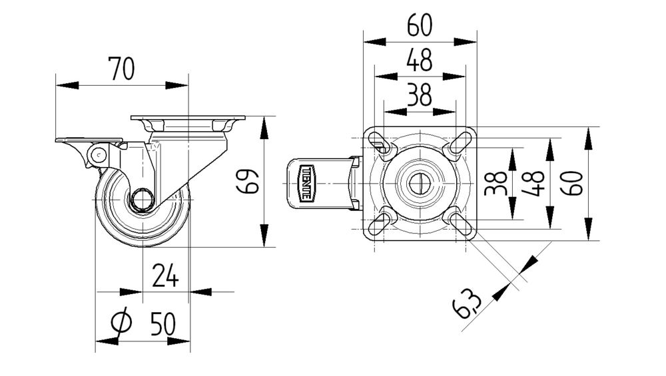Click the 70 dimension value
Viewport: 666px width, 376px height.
click(x=122, y=69)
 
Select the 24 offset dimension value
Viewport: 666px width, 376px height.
click(x=165, y=276)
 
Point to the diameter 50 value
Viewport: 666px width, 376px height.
click(x=163, y=324)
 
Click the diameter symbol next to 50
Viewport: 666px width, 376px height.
click(x=121, y=323)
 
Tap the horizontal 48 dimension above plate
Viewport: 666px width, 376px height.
click(x=420, y=61)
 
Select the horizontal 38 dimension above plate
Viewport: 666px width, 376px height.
click(x=420, y=96)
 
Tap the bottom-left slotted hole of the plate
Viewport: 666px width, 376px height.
click(x=380, y=220)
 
